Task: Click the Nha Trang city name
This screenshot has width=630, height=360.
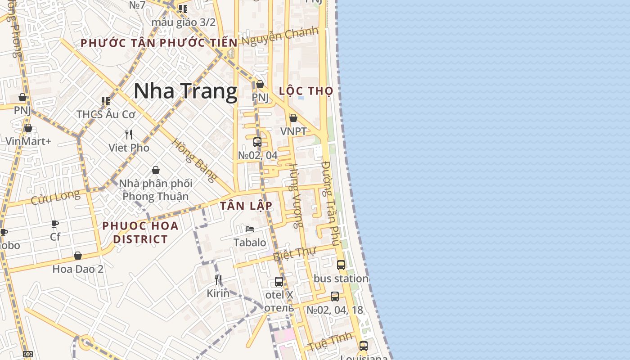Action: pyautogui.click(x=185, y=91)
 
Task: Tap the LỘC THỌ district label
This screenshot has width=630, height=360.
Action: pyautogui.click(x=306, y=91)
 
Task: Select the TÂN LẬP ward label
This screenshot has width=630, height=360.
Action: pyautogui.click(x=246, y=206)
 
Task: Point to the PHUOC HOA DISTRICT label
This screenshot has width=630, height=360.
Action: pyautogui.click(x=140, y=232)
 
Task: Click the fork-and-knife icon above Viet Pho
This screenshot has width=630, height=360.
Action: pyautogui.click(x=129, y=134)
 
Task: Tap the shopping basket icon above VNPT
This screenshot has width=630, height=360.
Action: pyautogui.click(x=293, y=118)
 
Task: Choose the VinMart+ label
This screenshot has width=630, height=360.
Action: pyautogui.click(x=28, y=141)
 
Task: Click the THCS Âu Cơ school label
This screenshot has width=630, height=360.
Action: pyautogui.click(x=106, y=114)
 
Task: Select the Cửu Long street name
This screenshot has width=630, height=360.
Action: pyautogui.click(x=55, y=197)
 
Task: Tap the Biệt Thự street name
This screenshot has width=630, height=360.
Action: pyautogui.click(x=295, y=254)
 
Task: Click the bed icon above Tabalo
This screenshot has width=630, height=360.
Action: pyautogui.click(x=250, y=229)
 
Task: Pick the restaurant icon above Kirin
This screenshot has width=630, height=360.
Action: pyautogui.click(x=218, y=280)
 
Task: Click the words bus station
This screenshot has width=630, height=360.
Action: pyautogui.click(x=341, y=279)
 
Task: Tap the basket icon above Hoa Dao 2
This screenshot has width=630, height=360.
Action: pyautogui.click(x=78, y=256)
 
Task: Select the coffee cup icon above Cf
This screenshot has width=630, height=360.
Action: pyautogui.click(x=55, y=224)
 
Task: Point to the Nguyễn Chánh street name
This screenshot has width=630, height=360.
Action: pyautogui.click(x=279, y=36)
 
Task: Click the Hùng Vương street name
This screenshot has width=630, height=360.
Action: pyautogui.click(x=296, y=196)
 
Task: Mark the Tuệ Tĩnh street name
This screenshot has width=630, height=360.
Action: pyautogui.click(x=330, y=341)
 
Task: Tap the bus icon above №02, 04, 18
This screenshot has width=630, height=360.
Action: pyautogui.click(x=334, y=297)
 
